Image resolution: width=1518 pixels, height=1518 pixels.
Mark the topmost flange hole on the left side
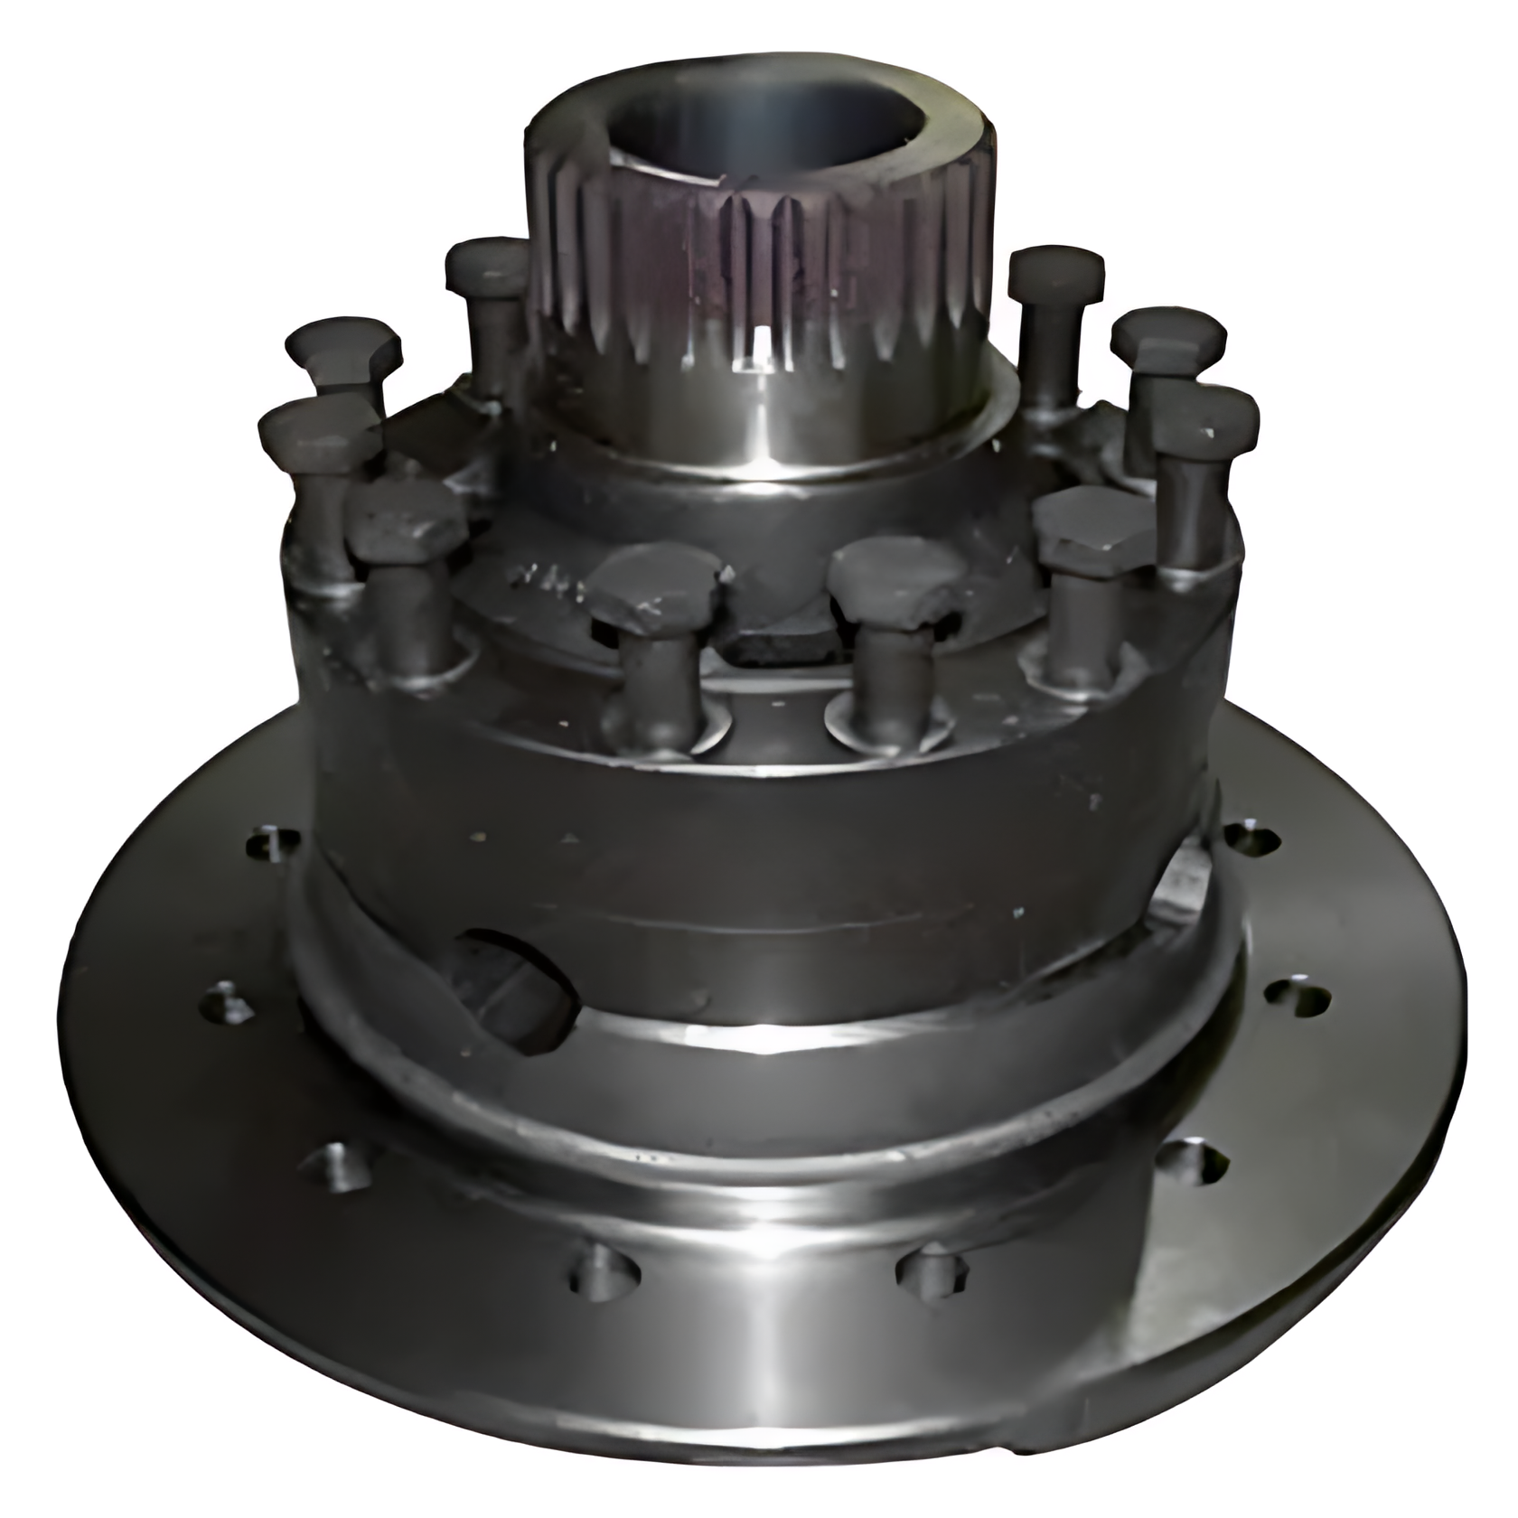coord(272,844)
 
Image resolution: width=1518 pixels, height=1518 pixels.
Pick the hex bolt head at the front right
coord(1093,529)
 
